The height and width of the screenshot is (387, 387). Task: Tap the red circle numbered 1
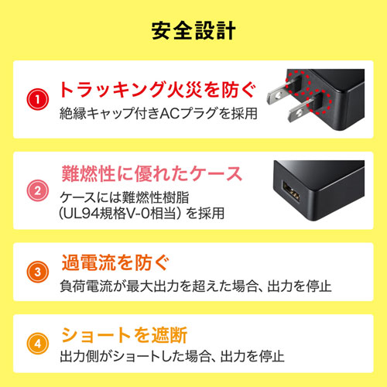tap(36, 99)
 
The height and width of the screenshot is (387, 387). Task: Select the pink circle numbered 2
tap(36, 188)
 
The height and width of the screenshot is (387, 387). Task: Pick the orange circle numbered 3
tap(36, 272)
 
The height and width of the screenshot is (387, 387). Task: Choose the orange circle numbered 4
tap(36, 341)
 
